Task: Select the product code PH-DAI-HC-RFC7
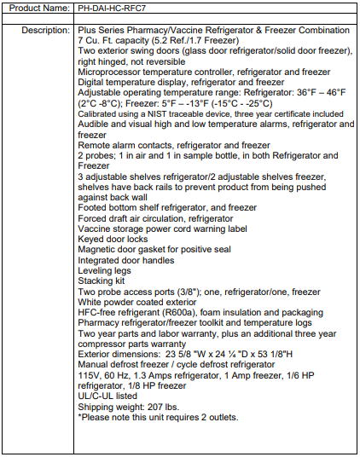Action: [114, 9]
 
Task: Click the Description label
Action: [45, 30]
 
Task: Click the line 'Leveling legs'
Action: [104, 271]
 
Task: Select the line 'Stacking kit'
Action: [102, 281]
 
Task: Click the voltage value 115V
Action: [89, 375]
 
